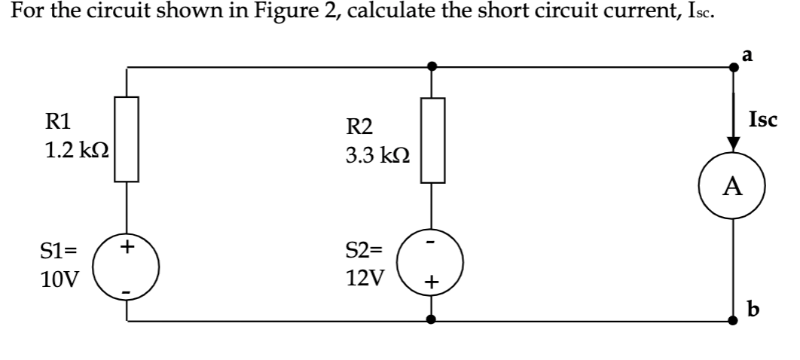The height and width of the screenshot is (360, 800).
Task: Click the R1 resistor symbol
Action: [127, 139]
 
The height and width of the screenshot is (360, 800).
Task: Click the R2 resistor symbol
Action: [432, 141]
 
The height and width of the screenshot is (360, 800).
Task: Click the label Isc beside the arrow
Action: [763, 119]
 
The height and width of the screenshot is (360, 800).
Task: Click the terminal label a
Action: [746, 54]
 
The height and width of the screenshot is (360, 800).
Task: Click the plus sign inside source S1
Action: [127, 246]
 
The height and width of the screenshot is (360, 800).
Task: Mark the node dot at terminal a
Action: [734, 67]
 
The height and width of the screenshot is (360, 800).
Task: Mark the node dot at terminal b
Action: [734, 320]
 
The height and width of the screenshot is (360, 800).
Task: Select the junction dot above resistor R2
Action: [431, 67]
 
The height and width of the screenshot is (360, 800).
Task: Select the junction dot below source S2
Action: [431, 320]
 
